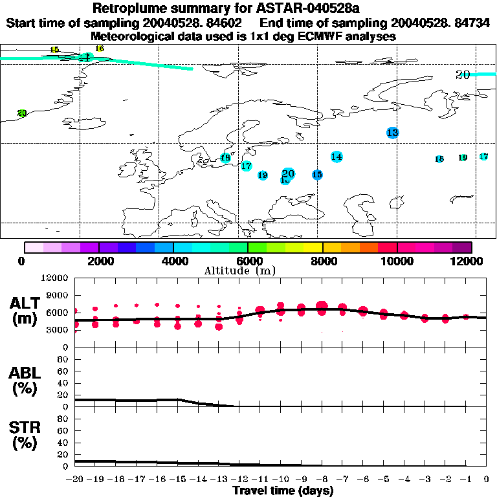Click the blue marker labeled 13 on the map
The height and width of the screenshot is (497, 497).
pyautogui.click(x=392, y=133)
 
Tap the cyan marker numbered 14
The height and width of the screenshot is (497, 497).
pyautogui.click(x=337, y=157)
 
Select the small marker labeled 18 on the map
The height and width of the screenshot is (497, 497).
pyautogui.click(x=439, y=159)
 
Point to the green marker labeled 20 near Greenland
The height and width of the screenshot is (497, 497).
pyautogui.click(x=22, y=113)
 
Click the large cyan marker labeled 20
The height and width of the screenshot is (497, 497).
pyautogui.click(x=289, y=173)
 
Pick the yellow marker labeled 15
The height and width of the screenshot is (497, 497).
pyautogui.click(x=54, y=50)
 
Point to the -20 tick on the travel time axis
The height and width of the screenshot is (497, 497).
pyautogui.click(x=75, y=480)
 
